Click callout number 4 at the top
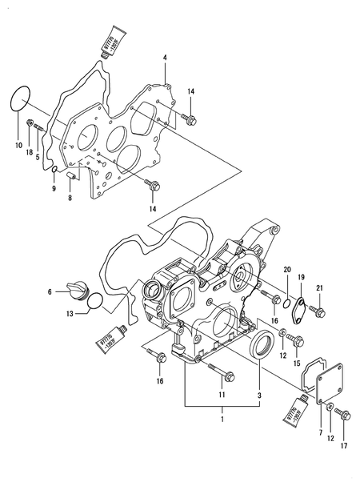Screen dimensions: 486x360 point(164,58)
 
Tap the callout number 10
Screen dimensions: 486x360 point(19,146)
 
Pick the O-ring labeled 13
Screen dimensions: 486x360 point(94,302)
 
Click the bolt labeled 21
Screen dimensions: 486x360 point(318,308)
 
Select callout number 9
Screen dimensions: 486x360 point(53,190)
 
